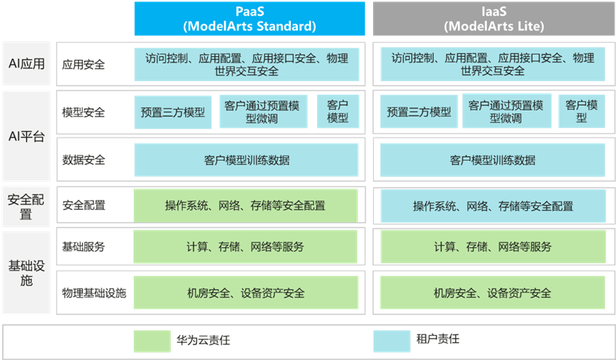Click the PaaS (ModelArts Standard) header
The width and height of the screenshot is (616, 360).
click(249, 19)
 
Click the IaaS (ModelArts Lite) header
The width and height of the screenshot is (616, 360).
click(493, 19)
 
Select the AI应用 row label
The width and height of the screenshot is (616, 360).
click(26, 65)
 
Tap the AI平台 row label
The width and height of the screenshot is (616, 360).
click(26, 136)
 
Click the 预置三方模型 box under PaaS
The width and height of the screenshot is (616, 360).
click(172, 113)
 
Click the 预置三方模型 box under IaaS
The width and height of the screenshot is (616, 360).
click(419, 113)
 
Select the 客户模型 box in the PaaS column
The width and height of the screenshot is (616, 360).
click(338, 112)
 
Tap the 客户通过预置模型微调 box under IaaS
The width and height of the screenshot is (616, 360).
click(506, 112)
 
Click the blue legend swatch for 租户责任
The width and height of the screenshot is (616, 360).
click(392, 340)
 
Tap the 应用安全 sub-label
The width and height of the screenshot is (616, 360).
click(84, 65)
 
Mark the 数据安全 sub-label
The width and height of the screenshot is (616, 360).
click(84, 160)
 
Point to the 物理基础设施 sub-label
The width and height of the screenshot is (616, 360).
click(94, 293)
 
